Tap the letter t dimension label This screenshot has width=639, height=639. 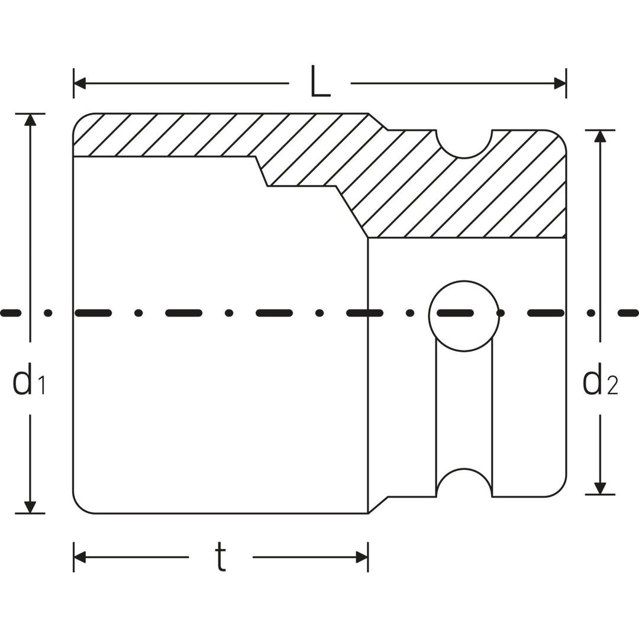[x=220, y=557]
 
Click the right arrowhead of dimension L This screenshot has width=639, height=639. [x=560, y=83]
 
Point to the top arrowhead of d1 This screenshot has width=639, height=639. [x=30, y=120]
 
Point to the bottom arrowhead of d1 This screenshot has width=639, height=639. [x=30, y=507]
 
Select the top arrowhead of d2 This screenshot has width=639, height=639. [x=600, y=136]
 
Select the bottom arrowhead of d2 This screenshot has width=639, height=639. [x=600, y=488]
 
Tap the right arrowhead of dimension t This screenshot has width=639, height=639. [x=362, y=557]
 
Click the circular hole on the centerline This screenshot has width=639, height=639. [x=464, y=316]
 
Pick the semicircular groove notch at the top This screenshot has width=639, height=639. [x=464, y=144]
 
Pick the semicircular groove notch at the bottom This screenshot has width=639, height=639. [x=464, y=484]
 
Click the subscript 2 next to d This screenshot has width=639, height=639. [x=612, y=387]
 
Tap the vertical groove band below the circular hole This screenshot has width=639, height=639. [x=464, y=408]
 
